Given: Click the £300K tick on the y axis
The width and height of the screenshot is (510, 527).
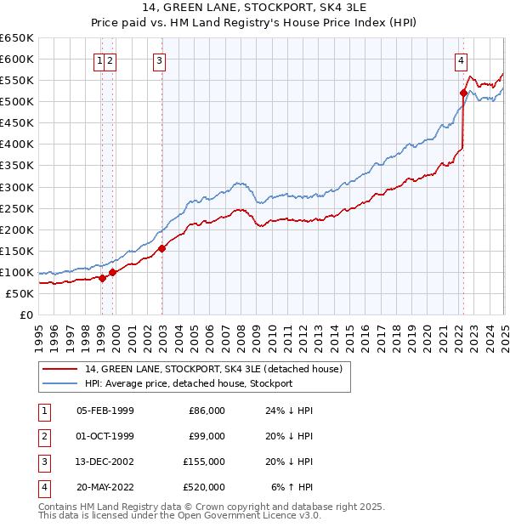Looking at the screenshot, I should (x=17, y=187).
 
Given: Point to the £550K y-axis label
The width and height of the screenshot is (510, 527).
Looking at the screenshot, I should (x=17, y=80).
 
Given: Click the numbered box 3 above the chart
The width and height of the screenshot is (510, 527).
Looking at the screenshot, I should (x=160, y=60).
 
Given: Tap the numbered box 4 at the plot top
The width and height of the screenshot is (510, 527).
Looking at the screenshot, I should (x=460, y=60).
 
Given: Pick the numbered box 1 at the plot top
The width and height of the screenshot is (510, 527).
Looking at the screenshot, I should (x=100, y=60).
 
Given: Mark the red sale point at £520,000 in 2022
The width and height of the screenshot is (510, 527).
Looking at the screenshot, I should (x=463, y=93).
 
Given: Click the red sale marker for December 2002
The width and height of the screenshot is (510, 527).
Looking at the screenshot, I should (x=161, y=248).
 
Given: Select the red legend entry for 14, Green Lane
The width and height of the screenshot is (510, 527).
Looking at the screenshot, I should (x=212, y=369).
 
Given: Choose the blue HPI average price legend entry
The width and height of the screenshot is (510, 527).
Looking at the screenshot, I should (x=188, y=383).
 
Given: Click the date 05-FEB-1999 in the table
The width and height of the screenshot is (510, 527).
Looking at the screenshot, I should (x=105, y=411).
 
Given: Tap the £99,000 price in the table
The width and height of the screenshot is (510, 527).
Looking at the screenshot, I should (x=207, y=436).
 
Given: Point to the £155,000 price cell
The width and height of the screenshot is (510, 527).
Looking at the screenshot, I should (x=205, y=462).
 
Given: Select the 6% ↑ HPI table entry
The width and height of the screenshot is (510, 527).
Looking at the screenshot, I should (x=292, y=487).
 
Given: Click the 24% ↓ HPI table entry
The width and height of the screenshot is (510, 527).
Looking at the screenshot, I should (x=289, y=411).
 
